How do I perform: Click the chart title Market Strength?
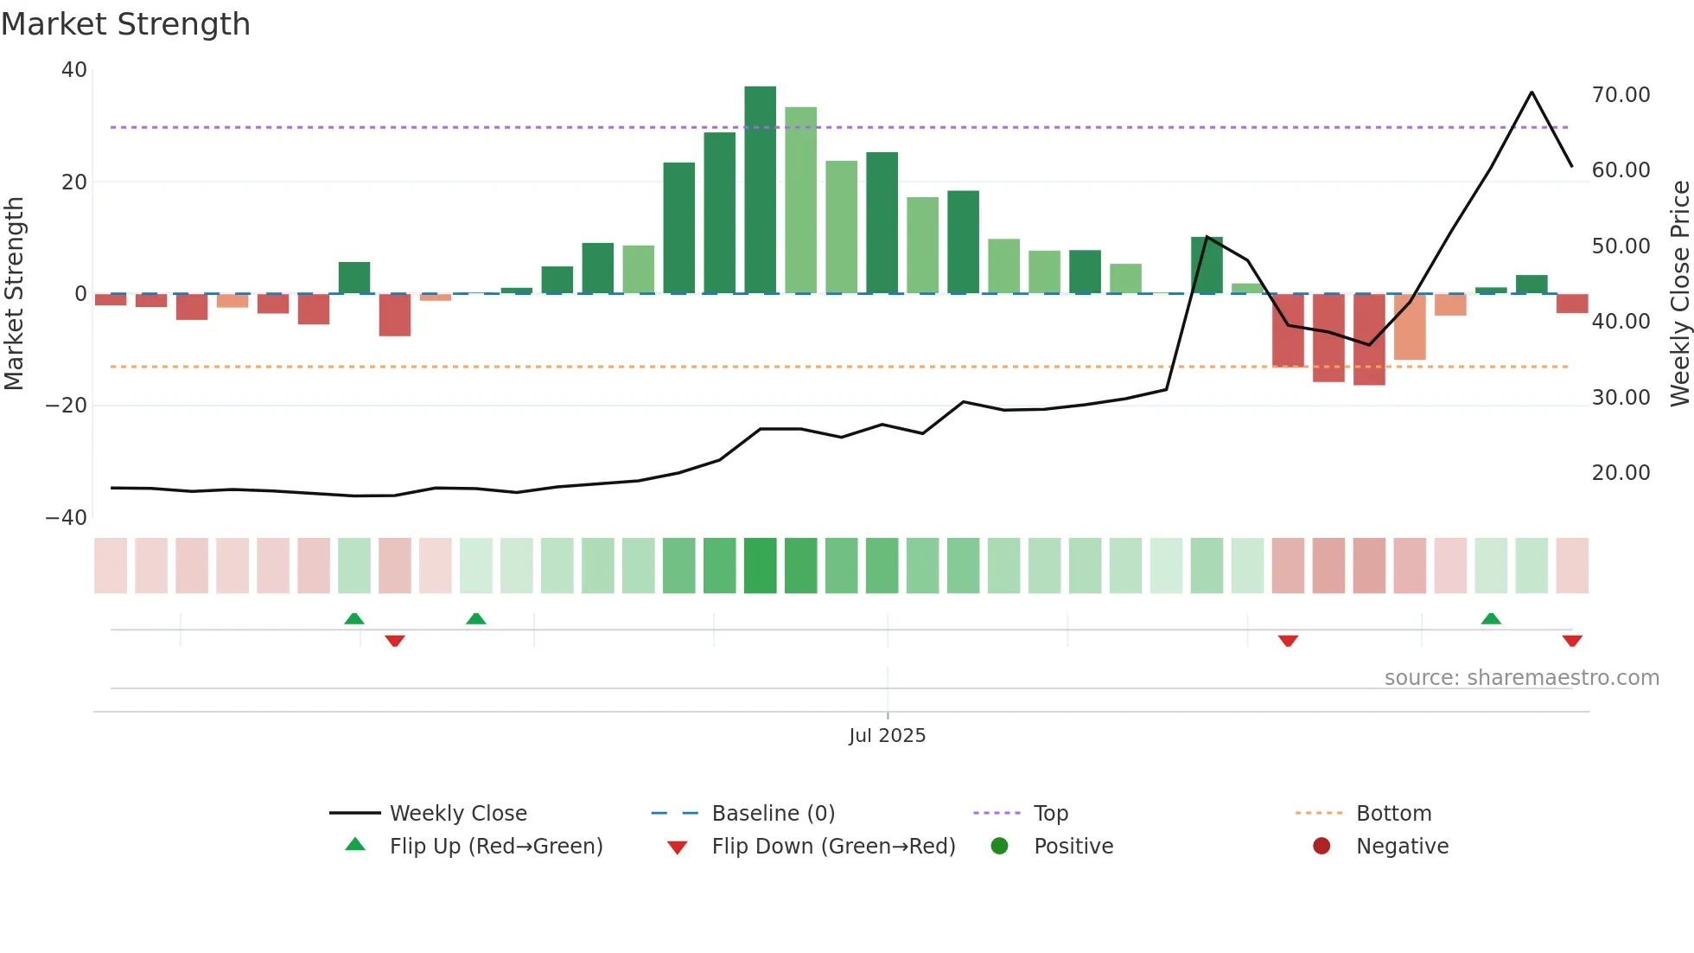[x=126, y=24]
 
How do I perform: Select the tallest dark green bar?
[x=760, y=190]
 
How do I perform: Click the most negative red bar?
[x=1369, y=339]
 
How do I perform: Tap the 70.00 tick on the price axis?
[x=1621, y=95]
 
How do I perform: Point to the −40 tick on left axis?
[x=67, y=518]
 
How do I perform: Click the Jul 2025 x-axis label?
[x=887, y=736]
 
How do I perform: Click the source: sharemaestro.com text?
[x=1521, y=678]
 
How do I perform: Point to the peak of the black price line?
[x=1532, y=93]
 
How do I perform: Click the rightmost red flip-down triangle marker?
[x=1572, y=641]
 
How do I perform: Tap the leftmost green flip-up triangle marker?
[x=354, y=618]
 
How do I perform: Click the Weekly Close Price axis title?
[x=1679, y=294]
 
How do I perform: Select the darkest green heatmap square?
[x=760, y=566]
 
